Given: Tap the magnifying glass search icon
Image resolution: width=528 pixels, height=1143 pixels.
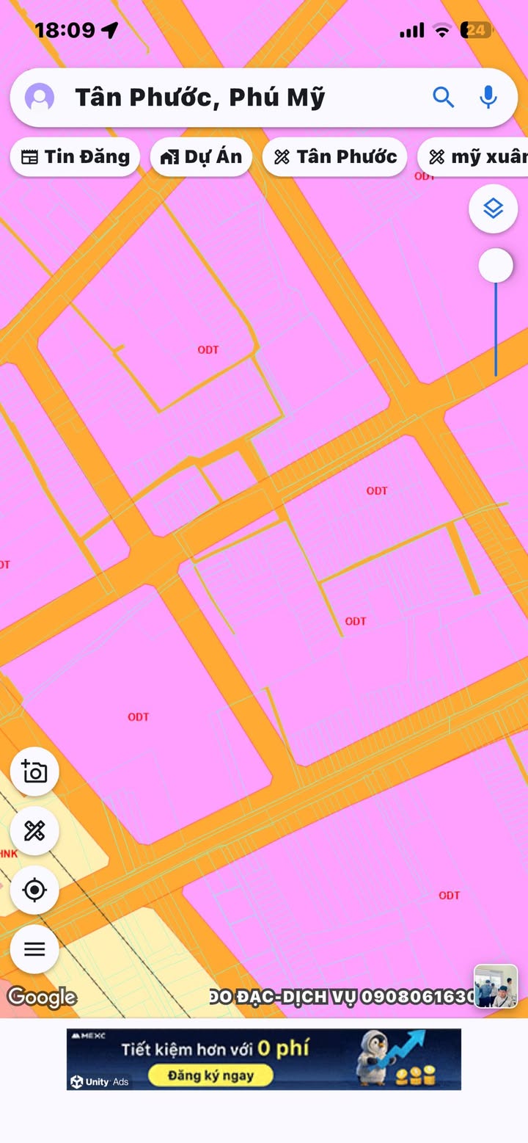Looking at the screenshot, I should tap(443, 97).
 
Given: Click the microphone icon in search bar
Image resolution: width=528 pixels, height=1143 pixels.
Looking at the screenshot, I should tap(488, 97).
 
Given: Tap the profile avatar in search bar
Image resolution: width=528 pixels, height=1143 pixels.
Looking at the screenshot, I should tap(40, 97).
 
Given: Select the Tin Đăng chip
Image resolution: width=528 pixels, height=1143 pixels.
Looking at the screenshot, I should tap(75, 156).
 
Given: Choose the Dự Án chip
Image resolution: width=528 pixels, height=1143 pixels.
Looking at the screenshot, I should tap(201, 156).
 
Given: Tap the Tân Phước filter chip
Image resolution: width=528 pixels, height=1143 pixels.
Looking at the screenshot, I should tap(334, 156).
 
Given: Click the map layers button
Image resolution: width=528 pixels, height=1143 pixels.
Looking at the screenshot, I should tap(494, 209).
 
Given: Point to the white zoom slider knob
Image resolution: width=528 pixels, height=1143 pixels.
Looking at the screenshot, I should tap(496, 266).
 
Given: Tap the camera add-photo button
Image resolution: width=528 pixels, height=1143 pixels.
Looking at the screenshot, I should tap(34, 772).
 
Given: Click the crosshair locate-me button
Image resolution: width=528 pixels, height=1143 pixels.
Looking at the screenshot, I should tap(34, 890).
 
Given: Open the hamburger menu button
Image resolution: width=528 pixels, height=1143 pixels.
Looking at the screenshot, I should tap(34, 949).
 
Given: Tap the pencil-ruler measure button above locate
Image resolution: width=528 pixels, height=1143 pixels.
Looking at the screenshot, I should tap(34, 831).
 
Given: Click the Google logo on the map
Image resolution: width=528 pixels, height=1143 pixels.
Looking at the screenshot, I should tap(42, 997).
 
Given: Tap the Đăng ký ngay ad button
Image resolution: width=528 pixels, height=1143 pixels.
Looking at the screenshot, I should tap(210, 1076).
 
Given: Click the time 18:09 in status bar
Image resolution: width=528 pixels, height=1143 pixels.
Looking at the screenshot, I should tap(65, 30).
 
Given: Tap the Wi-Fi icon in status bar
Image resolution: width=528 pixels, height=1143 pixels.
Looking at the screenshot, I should tap(441, 30).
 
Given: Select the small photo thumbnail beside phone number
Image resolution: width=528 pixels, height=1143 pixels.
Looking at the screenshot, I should tap(496, 987).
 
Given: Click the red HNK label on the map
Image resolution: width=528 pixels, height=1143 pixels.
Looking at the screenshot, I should tap(9, 854).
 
